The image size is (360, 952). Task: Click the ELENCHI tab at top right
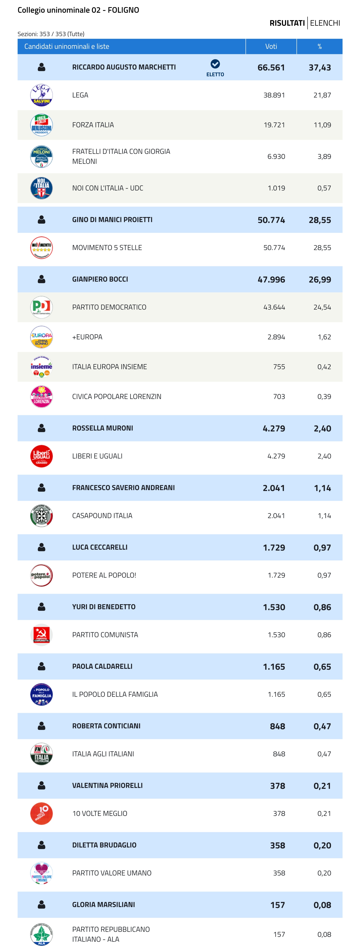[325, 23]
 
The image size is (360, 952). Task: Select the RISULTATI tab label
[287, 23]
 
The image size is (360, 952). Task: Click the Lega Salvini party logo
[41, 95]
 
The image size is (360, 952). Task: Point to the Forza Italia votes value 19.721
[274, 125]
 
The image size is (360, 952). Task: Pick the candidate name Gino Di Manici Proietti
[112, 220]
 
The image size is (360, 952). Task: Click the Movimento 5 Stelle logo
[41, 248]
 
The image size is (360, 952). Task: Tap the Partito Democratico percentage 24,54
[322, 307]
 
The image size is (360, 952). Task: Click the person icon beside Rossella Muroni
[41, 428]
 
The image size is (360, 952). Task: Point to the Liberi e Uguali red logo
[41, 456]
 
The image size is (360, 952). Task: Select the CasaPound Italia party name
[102, 516]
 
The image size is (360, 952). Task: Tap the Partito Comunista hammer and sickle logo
[41, 634]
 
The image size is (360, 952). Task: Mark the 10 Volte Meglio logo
[41, 813]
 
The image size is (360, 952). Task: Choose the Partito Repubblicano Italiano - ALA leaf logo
[41, 934]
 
